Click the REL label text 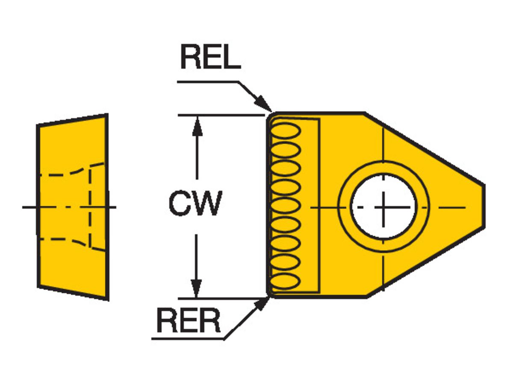click(x=210, y=58)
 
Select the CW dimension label click(x=195, y=204)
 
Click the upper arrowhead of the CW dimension click(x=197, y=124)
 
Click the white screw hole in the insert click(x=383, y=207)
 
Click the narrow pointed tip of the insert click(x=483, y=207)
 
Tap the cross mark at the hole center click(x=383, y=207)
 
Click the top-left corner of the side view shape click(x=38, y=125)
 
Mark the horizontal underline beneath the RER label click(x=188, y=340)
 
